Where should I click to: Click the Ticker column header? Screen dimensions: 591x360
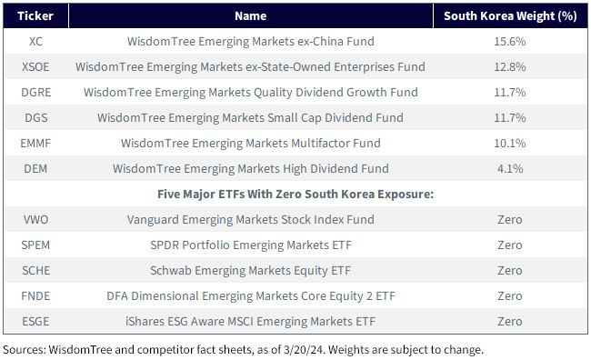click(x=35, y=15)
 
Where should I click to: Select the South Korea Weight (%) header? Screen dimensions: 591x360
click(x=510, y=15)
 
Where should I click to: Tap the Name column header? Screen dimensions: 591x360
click(x=251, y=15)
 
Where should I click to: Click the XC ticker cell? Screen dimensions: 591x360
click(x=35, y=42)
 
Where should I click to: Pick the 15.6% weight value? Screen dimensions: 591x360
click(x=510, y=42)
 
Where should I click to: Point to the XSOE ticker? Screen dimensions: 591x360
click(x=35, y=66)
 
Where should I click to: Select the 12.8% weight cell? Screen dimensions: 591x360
click(x=510, y=66)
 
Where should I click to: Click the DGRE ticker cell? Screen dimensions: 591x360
click(x=35, y=93)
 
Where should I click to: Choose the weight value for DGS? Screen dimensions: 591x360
click(x=510, y=117)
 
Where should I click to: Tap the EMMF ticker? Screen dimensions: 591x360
click(x=35, y=144)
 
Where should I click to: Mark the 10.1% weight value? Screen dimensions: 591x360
click(x=510, y=144)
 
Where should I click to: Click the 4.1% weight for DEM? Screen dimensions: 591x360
click(x=510, y=168)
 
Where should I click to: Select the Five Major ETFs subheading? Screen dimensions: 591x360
click(x=295, y=195)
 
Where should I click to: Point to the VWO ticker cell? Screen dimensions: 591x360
click(x=35, y=219)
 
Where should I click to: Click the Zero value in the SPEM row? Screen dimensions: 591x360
click(x=510, y=245)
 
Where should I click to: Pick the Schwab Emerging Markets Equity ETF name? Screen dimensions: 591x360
click(x=251, y=271)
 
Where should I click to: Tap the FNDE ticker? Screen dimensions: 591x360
click(x=35, y=296)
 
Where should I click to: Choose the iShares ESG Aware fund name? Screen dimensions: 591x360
click(x=251, y=322)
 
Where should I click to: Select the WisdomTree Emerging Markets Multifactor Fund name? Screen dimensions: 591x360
click(x=251, y=144)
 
